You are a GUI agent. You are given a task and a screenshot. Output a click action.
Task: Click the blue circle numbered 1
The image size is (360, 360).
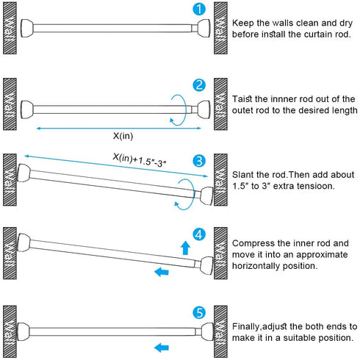coord(199,9)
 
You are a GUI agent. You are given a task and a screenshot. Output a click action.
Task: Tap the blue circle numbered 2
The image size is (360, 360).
coord(199,85)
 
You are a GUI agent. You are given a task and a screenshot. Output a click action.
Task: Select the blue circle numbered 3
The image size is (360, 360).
coord(199,161)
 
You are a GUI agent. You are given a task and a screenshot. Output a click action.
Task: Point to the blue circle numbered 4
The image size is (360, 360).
coord(199,234)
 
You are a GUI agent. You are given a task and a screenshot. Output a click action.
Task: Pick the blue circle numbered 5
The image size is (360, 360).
coord(199,313)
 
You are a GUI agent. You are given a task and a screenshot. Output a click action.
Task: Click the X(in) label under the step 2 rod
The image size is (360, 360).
coord(123,136)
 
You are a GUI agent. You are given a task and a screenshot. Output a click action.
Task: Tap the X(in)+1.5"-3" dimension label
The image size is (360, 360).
coord(140,160)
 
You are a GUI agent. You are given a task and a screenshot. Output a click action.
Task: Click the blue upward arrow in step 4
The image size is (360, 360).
coord(185,248)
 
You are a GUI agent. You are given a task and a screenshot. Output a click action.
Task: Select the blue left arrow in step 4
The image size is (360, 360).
coord(162,272)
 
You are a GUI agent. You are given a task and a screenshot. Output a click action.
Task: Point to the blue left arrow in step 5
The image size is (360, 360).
coord(162,348)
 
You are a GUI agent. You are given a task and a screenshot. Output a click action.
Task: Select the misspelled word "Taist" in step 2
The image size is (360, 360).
coord(242,99)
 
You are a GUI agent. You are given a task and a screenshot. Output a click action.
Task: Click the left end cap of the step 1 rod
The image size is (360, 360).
coord(27,28)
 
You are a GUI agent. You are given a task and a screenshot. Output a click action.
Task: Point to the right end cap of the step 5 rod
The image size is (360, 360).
coord(207,331)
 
